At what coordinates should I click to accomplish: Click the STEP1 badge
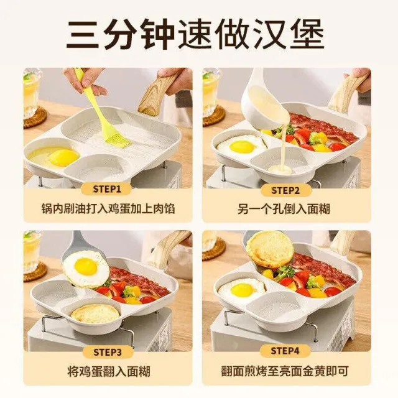[107, 189]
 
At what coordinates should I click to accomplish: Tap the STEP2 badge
[286, 190]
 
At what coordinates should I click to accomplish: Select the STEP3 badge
[108, 353]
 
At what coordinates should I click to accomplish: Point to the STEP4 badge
[285, 351]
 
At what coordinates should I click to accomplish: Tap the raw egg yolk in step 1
[64, 157]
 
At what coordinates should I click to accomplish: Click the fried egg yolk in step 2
[243, 147]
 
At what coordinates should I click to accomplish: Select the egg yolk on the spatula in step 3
[86, 267]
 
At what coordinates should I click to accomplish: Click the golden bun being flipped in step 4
[270, 249]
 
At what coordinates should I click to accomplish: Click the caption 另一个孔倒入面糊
[284, 210]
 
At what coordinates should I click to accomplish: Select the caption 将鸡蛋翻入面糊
[109, 371]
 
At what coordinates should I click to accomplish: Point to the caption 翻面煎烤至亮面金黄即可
[284, 371]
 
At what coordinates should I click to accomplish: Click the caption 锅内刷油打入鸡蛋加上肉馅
[108, 209]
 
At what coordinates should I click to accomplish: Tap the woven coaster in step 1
[35, 118]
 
